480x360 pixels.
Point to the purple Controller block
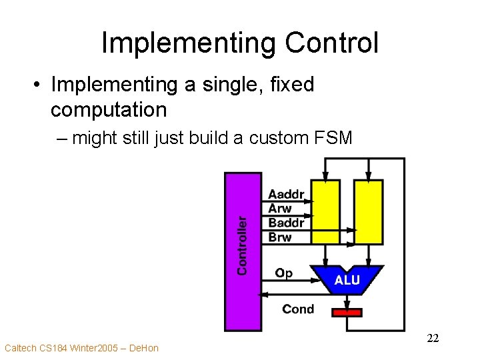pos(242,252)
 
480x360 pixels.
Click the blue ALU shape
pos(347,279)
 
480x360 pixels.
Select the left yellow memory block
pos(325,211)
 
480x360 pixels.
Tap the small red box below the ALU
pos(347,312)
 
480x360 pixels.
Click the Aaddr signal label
pos(287,195)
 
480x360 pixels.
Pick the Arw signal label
pos(280,209)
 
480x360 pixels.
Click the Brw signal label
pos(280,237)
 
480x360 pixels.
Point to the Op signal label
pos(284,273)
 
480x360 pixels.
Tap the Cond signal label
pos(297,309)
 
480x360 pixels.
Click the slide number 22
pos(433,339)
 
